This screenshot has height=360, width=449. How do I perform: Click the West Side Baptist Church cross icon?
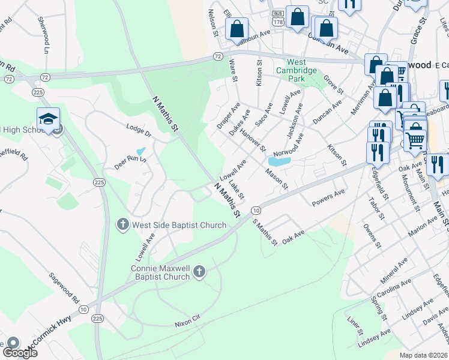pos(122,225)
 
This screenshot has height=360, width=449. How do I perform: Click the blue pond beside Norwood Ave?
pos(280,161)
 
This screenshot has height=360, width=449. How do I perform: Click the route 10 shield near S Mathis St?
pos(256,211)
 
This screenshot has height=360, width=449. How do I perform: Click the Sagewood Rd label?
pos(65,288)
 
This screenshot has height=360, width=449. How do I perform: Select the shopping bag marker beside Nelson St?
pos(237,28)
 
